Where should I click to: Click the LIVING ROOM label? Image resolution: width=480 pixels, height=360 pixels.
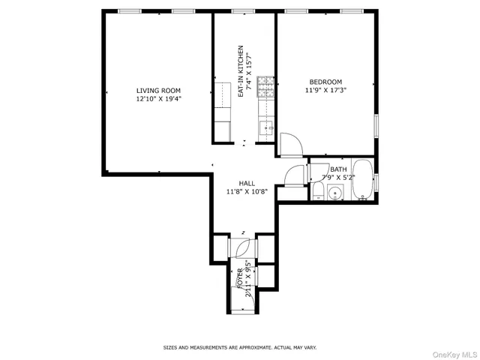tap(158, 91)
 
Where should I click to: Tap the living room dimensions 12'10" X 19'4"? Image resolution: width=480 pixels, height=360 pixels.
tap(158, 99)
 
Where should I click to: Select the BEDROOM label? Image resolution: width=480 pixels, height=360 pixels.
tap(325, 82)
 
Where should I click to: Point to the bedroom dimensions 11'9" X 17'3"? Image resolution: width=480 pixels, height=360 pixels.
tap(325, 90)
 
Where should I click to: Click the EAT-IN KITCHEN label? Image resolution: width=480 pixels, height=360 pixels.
tap(241, 71)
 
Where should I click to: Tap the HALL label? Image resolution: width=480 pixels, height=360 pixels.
tap(247, 183)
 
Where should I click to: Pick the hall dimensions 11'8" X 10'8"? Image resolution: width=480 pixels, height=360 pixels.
tap(247, 191)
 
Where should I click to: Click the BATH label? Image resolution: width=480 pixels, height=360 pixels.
tap(338, 169)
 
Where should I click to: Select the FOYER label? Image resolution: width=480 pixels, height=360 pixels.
tap(240, 277)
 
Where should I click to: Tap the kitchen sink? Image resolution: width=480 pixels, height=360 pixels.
tap(266, 129)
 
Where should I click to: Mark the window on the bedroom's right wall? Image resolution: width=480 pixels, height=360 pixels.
tap(377, 123)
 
